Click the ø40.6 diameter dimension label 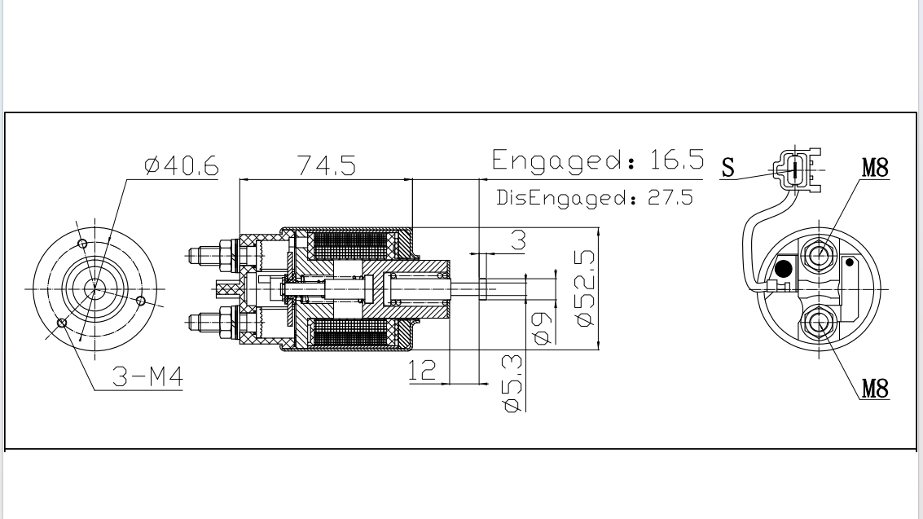[181, 166]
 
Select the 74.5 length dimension [327, 166]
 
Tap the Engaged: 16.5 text [597, 160]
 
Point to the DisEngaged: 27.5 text [595, 198]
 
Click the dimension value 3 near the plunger [518, 240]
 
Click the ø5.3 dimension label [512, 382]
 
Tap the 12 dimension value [422, 371]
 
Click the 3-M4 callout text [147, 377]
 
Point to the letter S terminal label [728, 168]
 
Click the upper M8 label [875, 168]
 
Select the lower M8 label [875, 389]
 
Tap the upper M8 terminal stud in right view [817, 255]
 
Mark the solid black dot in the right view [784, 268]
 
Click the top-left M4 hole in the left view [81, 243]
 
